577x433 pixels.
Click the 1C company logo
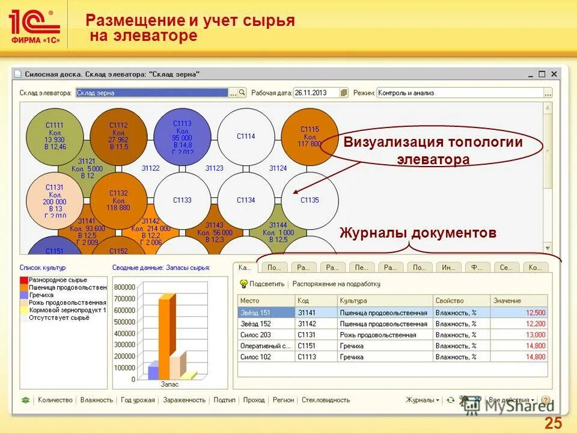click(34, 27)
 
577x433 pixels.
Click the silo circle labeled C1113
click(182, 135)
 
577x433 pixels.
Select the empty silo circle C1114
click(245, 136)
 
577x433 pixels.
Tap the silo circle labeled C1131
click(55, 200)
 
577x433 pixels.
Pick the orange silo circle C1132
click(118, 200)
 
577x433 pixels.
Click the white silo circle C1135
click(310, 200)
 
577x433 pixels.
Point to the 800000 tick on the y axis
click(123, 287)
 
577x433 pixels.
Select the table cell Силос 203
click(256, 335)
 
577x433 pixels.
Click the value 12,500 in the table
click(535, 313)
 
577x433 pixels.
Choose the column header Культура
click(353, 300)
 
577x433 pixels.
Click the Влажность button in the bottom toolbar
click(96, 400)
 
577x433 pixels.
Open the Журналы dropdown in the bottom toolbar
click(422, 400)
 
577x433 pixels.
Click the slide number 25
click(553, 423)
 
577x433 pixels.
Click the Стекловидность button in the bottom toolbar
click(325, 400)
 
